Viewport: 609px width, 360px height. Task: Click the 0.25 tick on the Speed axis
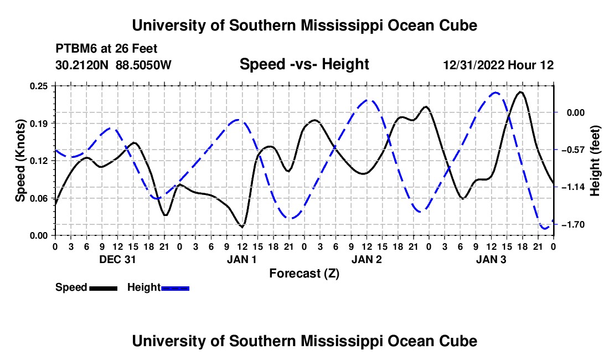38,86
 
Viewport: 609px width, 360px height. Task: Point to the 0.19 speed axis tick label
38,124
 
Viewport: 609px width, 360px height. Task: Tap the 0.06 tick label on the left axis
38,198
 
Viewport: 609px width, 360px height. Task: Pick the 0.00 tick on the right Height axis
576,112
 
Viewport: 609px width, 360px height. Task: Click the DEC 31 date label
117,259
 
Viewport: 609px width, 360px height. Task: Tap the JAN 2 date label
367,259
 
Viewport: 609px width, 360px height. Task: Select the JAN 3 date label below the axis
491,259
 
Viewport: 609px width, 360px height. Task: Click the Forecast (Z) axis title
304,274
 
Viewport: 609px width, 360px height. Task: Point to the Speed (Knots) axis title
20,161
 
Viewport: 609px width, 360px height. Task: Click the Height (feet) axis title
595,161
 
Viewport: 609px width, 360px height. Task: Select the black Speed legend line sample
104,288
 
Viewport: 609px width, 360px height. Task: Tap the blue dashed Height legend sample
175,288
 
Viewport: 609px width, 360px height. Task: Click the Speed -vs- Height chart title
304,64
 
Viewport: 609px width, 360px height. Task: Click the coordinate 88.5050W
143,65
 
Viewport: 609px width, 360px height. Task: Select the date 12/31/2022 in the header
474,65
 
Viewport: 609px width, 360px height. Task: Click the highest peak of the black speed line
520,92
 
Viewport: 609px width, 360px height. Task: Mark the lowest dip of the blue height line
545,229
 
